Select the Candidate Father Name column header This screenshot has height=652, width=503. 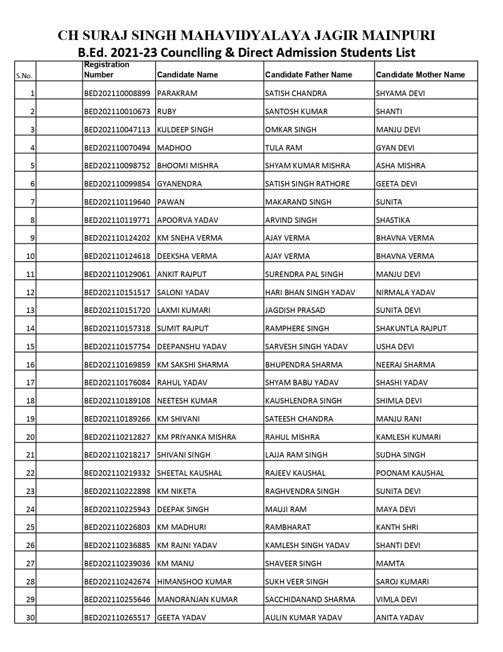click(x=308, y=75)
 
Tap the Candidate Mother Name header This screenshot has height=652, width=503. click(x=420, y=75)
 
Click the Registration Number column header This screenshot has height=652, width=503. click(x=107, y=70)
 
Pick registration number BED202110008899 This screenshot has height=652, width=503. click(x=117, y=93)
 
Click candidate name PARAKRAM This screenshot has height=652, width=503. click(x=177, y=93)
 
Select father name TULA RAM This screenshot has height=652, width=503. click(x=284, y=148)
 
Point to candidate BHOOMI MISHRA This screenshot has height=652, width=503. click(x=188, y=166)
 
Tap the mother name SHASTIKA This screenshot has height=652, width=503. click(x=393, y=220)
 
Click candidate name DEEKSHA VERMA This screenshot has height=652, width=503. click(x=187, y=256)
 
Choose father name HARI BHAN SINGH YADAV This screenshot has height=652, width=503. click(x=310, y=293)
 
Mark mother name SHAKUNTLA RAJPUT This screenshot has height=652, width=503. click(x=411, y=328)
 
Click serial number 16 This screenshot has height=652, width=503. click(x=31, y=365)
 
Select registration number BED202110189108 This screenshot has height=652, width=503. click(x=117, y=401)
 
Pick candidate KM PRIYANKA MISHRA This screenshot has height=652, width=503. click(x=197, y=437)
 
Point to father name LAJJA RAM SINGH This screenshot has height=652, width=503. click(x=296, y=455)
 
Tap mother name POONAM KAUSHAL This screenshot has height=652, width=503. click(x=410, y=473)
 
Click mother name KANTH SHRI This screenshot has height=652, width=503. click(x=397, y=527)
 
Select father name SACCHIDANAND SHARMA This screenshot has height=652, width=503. click(x=310, y=599)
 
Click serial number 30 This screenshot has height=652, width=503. click(x=31, y=618)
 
